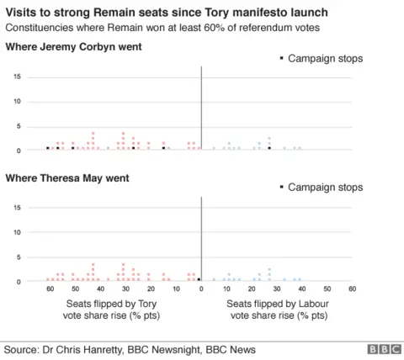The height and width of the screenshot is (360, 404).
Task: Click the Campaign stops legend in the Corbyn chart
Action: [x=322, y=59]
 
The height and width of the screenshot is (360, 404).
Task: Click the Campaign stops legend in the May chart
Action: [x=322, y=187]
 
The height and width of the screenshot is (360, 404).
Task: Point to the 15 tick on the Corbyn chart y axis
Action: [x=17, y=77]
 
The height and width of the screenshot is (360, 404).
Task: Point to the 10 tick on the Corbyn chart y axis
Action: [x=17, y=101]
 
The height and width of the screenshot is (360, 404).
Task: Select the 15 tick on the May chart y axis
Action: [x=17, y=207]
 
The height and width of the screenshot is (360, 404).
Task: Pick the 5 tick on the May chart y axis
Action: [x=19, y=256]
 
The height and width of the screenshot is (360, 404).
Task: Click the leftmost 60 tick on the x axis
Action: [x=50, y=289]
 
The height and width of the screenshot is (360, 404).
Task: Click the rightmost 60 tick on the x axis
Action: [x=352, y=289]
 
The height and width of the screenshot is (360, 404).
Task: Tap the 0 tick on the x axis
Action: [x=201, y=289]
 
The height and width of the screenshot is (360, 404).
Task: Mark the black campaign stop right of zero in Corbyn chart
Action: [x=269, y=148]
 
